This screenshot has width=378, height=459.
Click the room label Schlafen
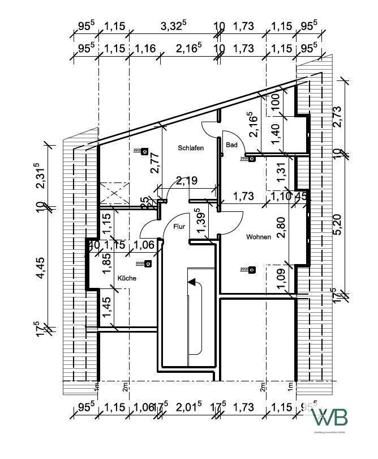click(x=190, y=147)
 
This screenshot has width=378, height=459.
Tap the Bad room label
click(x=231, y=145)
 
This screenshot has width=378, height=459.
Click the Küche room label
click(x=127, y=278)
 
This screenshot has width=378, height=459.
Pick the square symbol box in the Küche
click(x=148, y=263)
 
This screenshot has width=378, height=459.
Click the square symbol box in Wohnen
click(x=252, y=269)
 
